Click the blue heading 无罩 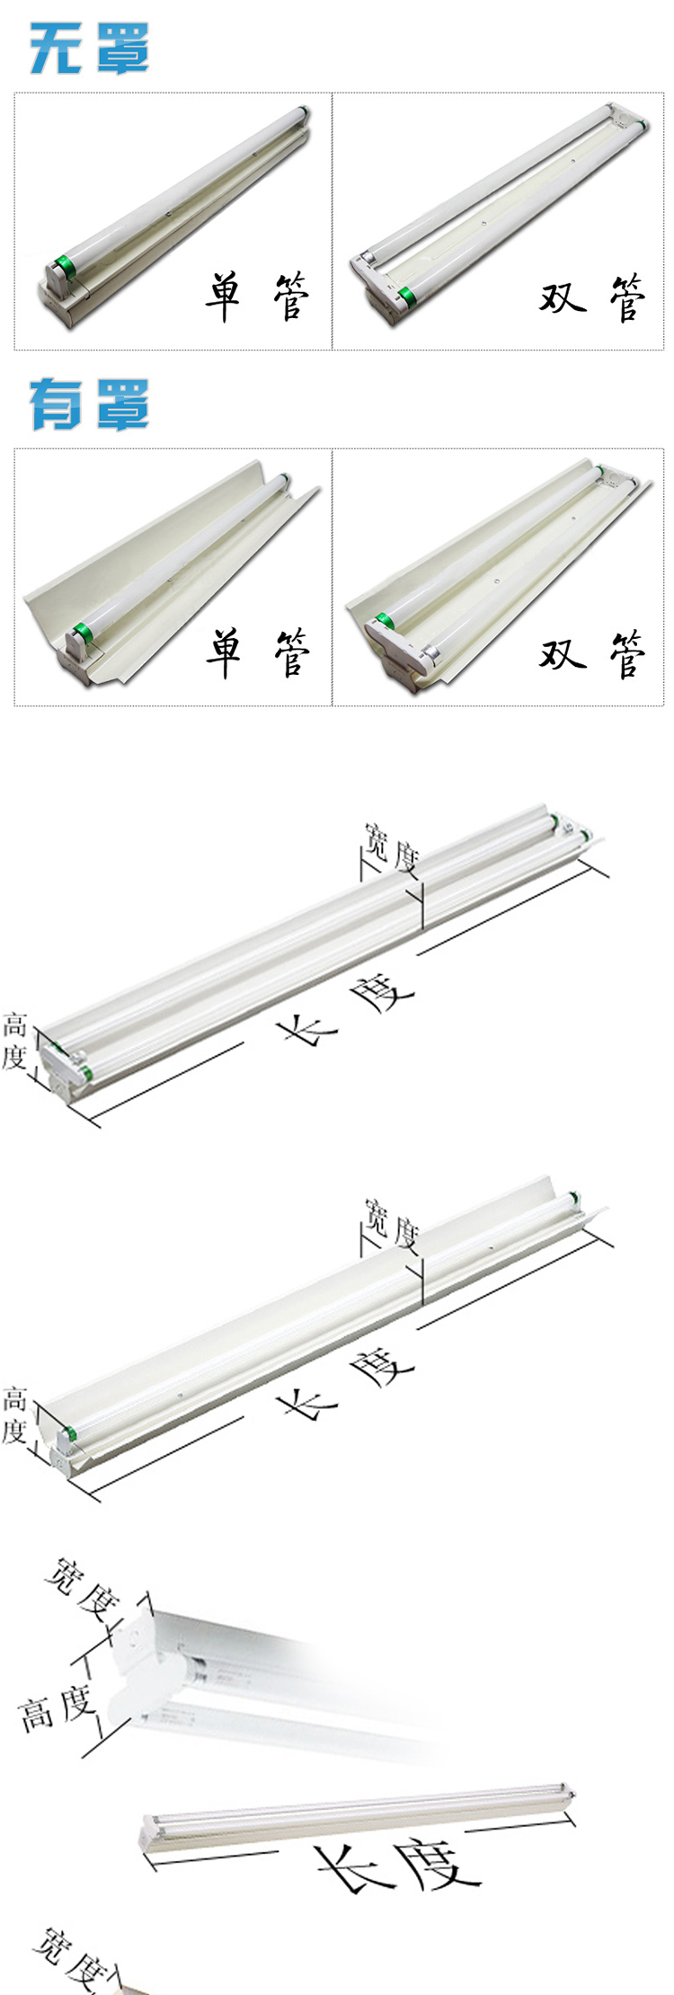click(89, 48)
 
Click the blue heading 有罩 click(89, 403)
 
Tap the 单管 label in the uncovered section click(257, 297)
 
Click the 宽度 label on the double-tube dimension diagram click(392, 847)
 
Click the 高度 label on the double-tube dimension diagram click(13, 1041)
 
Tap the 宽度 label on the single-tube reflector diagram click(392, 1222)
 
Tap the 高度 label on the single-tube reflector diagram click(13, 1415)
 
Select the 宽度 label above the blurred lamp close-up click(82, 1590)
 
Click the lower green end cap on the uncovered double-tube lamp click(405, 295)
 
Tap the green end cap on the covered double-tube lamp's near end click(384, 621)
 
